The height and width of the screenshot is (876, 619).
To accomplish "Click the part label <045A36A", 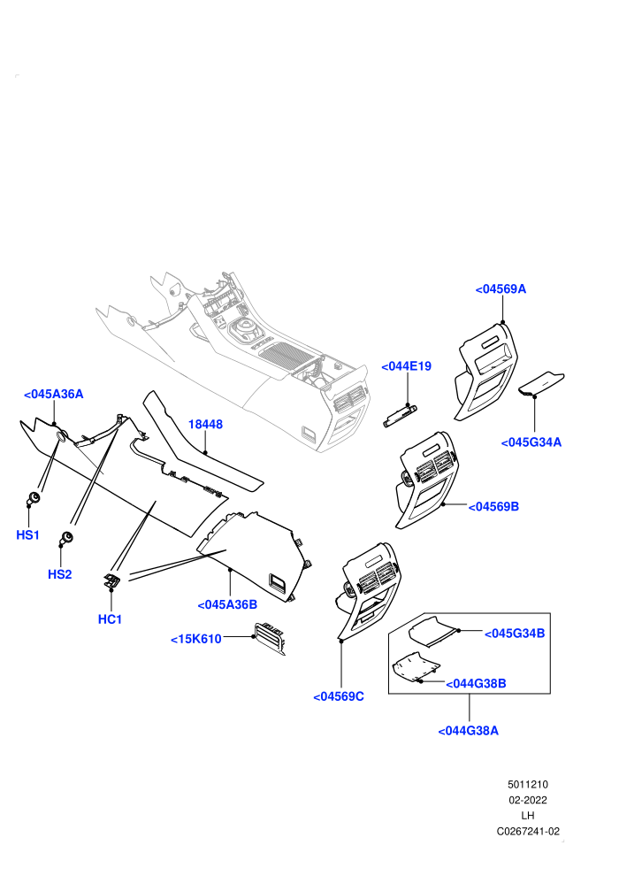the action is [54, 394].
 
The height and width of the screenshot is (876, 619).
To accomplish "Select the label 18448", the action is [205, 424].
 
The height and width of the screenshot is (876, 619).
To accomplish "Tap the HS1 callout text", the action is [28, 534].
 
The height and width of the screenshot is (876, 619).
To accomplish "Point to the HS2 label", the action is [60, 573].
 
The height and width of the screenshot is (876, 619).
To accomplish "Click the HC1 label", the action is [110, 619].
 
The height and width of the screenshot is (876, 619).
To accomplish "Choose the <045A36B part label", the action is [227, 604].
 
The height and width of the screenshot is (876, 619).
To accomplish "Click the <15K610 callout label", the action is [196, 639].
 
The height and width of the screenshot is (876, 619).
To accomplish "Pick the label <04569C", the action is [339, 696].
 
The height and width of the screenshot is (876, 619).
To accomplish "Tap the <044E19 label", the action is [407, 366].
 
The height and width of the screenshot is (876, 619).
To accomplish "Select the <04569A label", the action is [501, 288].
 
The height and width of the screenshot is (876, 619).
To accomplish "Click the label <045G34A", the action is [531, 442].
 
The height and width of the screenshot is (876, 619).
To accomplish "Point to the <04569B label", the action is [493, 506].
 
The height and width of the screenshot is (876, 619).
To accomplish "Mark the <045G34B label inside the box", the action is [515, 633].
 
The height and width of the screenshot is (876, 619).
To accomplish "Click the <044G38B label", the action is [476, 683].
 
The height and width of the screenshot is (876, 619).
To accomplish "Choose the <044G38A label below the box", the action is [469, 730].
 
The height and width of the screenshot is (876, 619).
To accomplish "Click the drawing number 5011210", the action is [527, 784].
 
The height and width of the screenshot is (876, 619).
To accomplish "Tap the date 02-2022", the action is [527, 800].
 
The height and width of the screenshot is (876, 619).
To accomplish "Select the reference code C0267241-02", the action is [528, 831].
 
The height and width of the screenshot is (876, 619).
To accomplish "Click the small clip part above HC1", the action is [111, 580].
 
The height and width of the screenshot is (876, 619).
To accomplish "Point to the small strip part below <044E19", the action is [401, 416].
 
